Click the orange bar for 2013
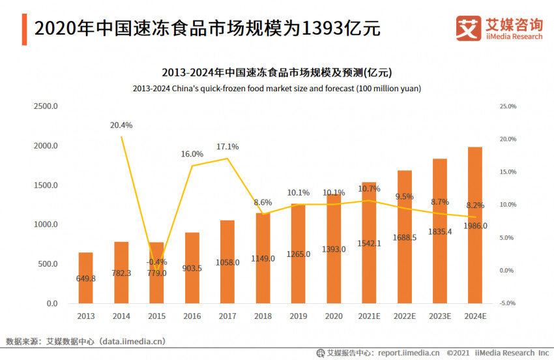pyautogui.click(x=85, y=278)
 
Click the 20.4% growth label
pyautogui.click(x=121, y=125)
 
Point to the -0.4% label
pyautogui.click(x=156, y=262)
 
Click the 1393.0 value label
pyautogui.click(x=334, y=250)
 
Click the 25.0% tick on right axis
pyautogui.click(x=507, y=106)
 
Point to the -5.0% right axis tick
pyautogui.click(x=507, y=303)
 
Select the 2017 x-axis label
pyautogui.click(x=227, y=316)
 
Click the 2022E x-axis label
pyautogui.click(x=405, y=316)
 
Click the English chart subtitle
pyautogui.click(x=277, y=88)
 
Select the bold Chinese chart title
pyautogui.click(x=277, y=72)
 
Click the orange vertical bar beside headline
pyautogui.click(x=24, y=29)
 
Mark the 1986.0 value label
pyautogui.click(x=475, y=226)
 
